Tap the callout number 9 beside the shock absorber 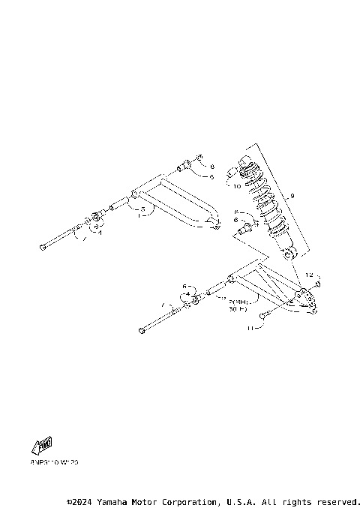point(292,196)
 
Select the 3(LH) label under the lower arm point(238,308)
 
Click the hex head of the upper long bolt point(43,248)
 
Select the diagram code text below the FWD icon point(54,462)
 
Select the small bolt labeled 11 point(266,316)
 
